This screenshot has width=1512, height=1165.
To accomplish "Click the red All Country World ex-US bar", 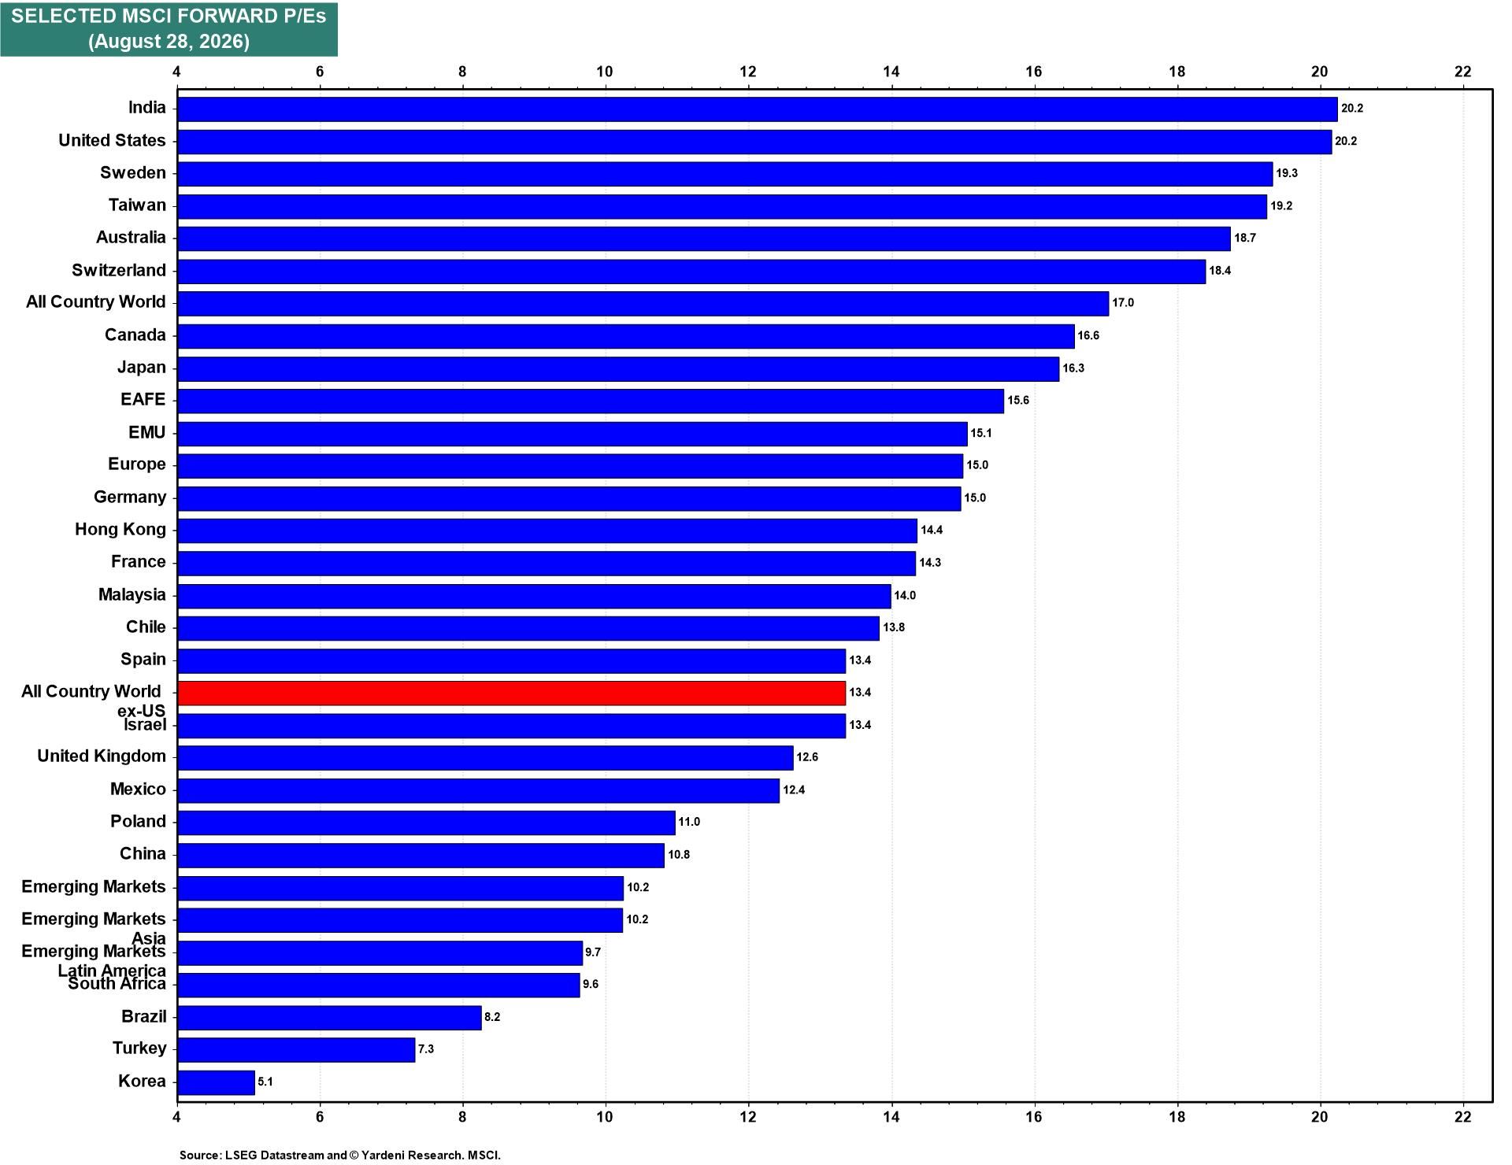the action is [511, 693].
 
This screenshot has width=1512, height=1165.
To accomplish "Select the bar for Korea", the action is [216, 1082].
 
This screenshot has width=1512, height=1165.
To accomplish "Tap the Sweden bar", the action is [724, 173].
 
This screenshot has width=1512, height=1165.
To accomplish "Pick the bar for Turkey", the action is [296, 1049].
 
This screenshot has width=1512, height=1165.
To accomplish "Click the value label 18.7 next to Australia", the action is [1245, 238].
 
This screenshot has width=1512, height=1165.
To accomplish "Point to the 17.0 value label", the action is [1123, 303].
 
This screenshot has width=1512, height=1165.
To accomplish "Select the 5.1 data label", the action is [265, 1082].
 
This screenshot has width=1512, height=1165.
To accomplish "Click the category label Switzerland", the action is [119, 270].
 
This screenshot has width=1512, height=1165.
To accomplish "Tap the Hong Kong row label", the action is [120, 530].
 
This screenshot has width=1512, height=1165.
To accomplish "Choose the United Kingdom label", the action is [102, 756].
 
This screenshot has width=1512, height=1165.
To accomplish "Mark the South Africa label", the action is [117, 984].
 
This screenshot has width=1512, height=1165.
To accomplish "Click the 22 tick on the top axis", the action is [1462, 72].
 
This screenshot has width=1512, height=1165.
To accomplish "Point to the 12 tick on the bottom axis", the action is [748, 1116].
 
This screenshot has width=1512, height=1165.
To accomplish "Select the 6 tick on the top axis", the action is [320, 72].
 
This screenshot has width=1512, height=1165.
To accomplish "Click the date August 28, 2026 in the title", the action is [169, 42].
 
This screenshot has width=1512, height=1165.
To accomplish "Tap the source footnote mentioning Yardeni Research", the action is [340, 1155].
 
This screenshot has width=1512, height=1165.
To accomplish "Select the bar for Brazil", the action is [329, 1017].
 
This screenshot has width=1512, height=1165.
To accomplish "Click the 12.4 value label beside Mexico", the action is [794, 790].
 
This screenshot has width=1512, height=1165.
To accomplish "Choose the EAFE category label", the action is [143, 400].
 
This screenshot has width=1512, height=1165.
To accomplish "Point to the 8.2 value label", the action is [492, 1017].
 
